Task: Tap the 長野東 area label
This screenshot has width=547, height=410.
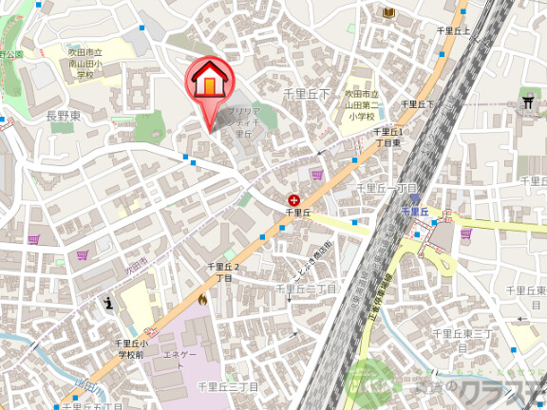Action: point(65,115)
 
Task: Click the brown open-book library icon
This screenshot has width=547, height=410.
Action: point(387,11)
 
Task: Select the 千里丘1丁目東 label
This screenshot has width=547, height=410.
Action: point(388,137)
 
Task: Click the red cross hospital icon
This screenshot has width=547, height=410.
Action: point(293,199)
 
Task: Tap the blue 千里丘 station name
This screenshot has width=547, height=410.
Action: point(416,211)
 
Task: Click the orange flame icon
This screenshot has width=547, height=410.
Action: point(202,299)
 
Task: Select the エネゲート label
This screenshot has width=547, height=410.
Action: point(179,360)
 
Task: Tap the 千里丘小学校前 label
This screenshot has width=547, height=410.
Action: point(130,347)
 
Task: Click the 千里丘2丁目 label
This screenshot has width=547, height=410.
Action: point(224,272)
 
